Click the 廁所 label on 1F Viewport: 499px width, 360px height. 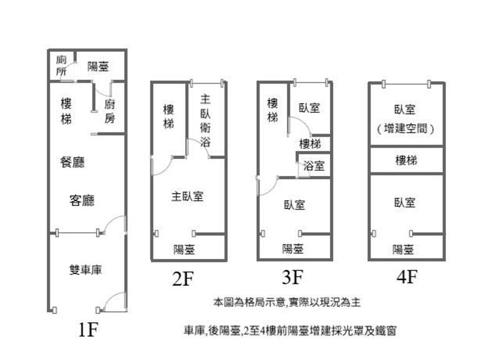pyautogui.click(x=61, y=66)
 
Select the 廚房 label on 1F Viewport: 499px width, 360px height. pyautogui.click(x=110, y=111)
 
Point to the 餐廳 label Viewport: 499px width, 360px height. pyautogui.click(x=72, y=163)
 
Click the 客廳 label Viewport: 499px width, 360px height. pyautogui.click(x=82, y=200)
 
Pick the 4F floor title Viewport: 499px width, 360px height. pyautogui.click(x=406, y=277)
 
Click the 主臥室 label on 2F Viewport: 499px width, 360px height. pyautogui.click(x=188, y=197)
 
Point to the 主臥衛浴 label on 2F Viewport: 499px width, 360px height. pyautogui.click(x=205, y=120)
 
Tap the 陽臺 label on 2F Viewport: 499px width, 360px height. pyautogui.click(x=184, y=250)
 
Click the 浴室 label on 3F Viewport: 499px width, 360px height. pyautogui.click(x=313, y=167)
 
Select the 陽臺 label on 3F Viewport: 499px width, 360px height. pyautogui.click(x=293, y=249)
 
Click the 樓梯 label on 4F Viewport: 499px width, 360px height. pyautogui.click(x=406, y=161)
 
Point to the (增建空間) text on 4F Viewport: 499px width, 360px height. pyautogui.click(x=406, y=128)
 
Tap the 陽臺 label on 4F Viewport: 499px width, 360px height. pyautogui.click(x=403, y=250)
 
